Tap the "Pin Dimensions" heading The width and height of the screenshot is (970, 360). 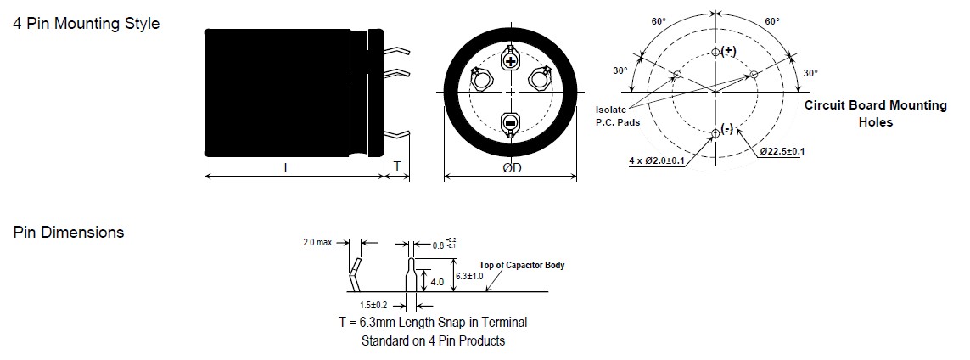69,233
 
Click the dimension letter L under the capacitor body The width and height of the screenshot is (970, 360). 288,168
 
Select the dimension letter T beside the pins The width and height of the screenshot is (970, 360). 397,167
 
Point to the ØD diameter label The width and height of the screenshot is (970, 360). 512,168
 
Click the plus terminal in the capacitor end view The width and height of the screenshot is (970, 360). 510,61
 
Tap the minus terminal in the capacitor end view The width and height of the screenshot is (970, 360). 510,124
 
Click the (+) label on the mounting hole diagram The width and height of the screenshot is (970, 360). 728,51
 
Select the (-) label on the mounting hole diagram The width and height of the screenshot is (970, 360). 727,129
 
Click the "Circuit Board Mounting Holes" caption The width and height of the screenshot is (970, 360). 874,114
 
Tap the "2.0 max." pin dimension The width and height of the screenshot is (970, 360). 318,242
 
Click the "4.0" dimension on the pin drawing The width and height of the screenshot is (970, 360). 438,281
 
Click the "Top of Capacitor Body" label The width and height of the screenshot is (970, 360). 522,265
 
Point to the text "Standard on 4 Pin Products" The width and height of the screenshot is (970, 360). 433,341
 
